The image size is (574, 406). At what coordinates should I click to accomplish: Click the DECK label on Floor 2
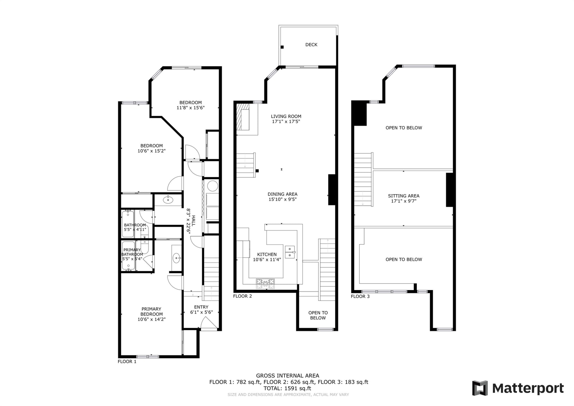click(x=311, y=45)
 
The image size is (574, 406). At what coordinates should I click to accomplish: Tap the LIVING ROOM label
click(x=286, y=116)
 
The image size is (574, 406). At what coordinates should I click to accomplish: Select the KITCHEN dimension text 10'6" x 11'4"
click(x=267, y=260)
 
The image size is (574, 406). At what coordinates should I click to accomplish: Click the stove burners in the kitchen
click(x=265, y=283)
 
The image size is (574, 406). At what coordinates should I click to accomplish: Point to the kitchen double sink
click(x=290, y=252)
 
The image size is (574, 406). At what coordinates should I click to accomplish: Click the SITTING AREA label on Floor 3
click(x=404, y=196)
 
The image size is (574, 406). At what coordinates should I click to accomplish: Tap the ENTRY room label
click(x=201, y=307)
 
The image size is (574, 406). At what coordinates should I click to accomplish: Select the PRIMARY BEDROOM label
click(x=151, y=311)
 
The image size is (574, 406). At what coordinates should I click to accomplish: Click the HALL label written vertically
click(x=193, y=220)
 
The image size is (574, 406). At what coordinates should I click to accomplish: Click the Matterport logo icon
click(x=480, y=388)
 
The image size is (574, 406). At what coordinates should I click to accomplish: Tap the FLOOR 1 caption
click(x=127, y=361)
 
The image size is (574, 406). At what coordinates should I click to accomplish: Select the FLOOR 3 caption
click(x=360, y=296)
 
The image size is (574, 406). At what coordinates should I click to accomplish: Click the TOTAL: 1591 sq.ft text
click(x=287, y=388)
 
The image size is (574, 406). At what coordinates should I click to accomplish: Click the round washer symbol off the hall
click(x=212, y=186)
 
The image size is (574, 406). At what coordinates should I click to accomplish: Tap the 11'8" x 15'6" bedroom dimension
click(x=190, y=108)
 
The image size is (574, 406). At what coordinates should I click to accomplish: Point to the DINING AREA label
click(x=282, y=194)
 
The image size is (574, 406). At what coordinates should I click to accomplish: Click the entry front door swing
click(x=209, y=323)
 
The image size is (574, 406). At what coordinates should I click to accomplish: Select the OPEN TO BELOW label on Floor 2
click(x=318, y=315)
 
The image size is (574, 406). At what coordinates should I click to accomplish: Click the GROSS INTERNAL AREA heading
click(x=287, y=375)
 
